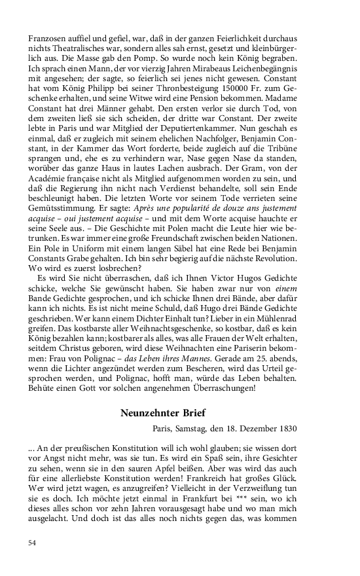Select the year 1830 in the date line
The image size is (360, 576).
click(x=287, y=429)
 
